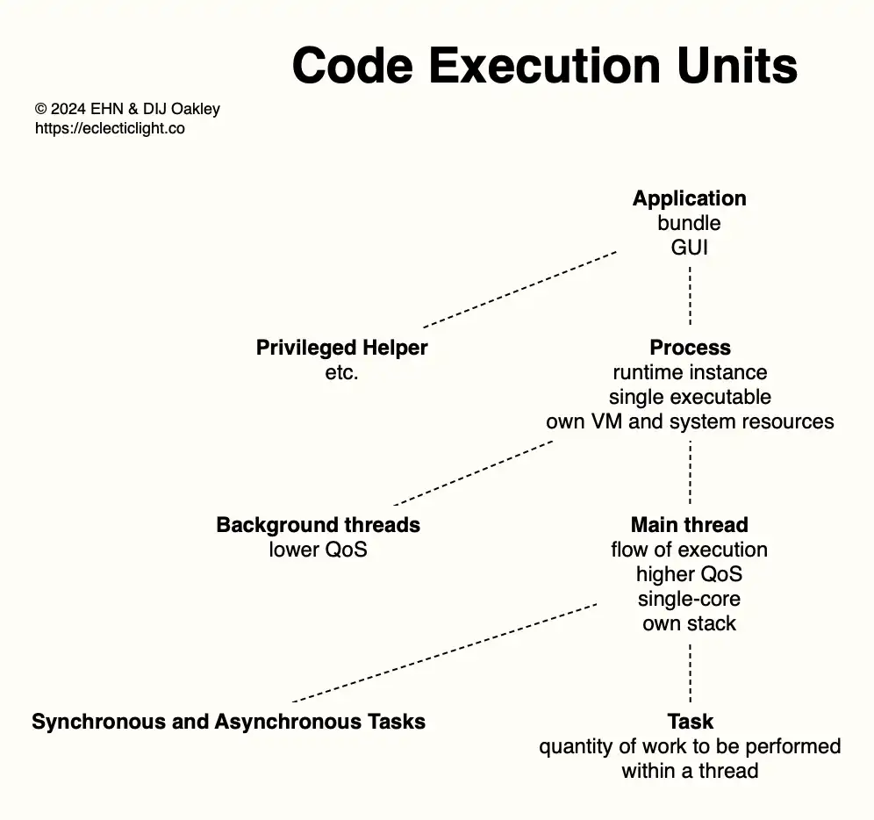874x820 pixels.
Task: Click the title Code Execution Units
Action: click(x=544, y=66)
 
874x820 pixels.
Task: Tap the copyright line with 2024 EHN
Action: click(x=127, y=110)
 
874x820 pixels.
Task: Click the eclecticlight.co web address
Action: click(x=110, y=128)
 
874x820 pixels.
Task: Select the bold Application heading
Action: click(x=690, y=198)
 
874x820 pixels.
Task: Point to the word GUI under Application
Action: click(x=690, y=248)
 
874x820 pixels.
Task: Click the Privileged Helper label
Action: click(x=341, y=348)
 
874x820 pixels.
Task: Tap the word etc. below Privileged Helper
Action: click(x=341, y=372)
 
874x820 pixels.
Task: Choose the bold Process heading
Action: click(x=690, y=348)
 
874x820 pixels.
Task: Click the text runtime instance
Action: click(x=690, y=372)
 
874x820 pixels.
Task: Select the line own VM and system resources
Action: click(x=690, y=421)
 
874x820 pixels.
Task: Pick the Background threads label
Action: click(x=318, y=525)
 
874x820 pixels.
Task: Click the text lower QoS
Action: click(x=318, y=550)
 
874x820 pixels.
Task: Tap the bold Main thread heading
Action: click(x=690, y=525)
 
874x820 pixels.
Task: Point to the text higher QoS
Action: click(x=690, y=574)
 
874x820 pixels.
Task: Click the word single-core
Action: click(x=690, y=599)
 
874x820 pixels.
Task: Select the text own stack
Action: click(x=690, y=623)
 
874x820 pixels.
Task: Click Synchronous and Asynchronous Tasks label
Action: click(x=228, y=722)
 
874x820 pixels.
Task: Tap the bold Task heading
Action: click(x=690, y=722)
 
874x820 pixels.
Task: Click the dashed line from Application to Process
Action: click(x=690, y=297)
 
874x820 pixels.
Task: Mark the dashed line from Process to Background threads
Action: click(x=474, y=472)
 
